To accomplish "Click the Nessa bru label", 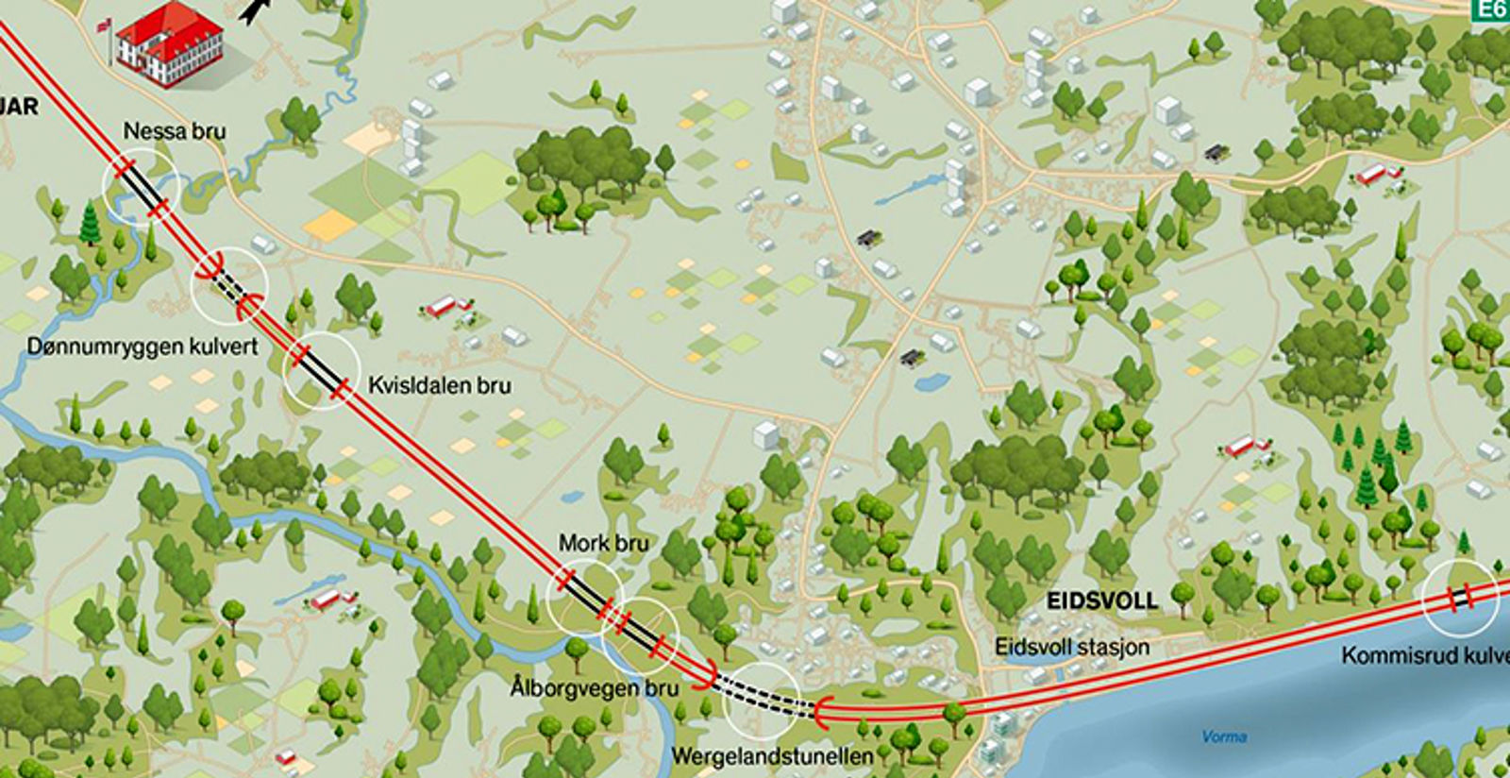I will click(175, 131).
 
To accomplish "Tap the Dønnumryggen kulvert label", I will click(143, 347).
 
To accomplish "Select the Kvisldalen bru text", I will click(440, 386).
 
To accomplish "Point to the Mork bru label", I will click(603, 544).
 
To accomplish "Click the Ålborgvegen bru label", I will click(595, 687).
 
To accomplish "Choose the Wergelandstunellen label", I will click(772, 756).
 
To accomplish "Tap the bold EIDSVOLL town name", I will click(1101, 601).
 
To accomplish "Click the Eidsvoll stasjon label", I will click(1072, 648).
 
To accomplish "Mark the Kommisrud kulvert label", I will click(1425, 654).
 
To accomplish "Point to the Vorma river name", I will click(1224, 736).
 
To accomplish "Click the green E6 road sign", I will click(1492, 9).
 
